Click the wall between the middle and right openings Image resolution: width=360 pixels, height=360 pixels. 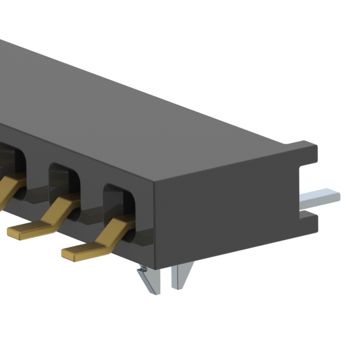92,197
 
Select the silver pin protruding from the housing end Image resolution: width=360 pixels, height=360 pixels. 321,197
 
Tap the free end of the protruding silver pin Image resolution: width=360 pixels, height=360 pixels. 336,196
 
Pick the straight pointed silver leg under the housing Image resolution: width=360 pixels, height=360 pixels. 181,276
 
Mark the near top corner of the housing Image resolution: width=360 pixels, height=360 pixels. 154,183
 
